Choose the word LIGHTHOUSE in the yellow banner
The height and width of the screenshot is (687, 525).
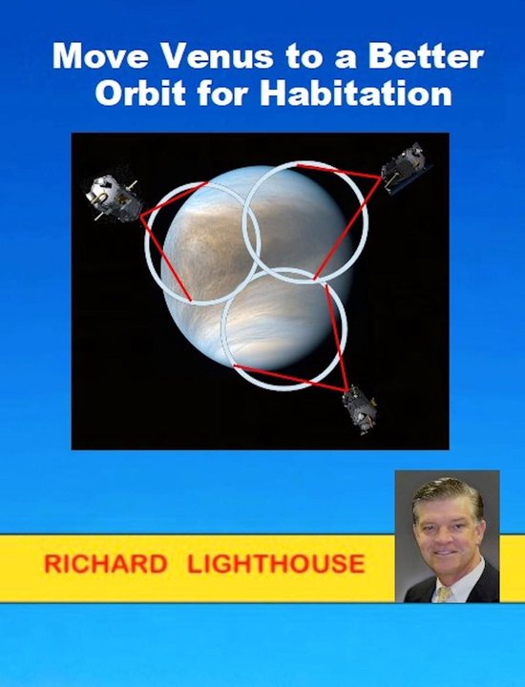click(x=276, y=563)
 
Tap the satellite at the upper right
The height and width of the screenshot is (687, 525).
click(x=405, y=169)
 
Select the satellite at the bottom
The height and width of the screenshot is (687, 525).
click(x=360, y=408)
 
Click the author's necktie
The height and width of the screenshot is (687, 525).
click(x=445, y=593)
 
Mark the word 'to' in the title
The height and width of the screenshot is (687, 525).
click(x=274, y=56)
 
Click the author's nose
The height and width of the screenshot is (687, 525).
click(x=446, y=541)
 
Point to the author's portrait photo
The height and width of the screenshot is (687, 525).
click(x=447, y=536)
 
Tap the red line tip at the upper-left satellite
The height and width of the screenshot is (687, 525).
click(x=142, y=216)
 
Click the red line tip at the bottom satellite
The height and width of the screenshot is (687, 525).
click(x=346, y=390)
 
